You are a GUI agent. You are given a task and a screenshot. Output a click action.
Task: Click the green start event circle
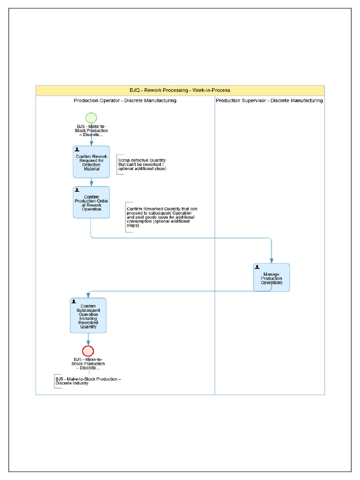[x=91, y=118]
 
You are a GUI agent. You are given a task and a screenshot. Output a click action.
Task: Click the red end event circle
[x=88, y=351]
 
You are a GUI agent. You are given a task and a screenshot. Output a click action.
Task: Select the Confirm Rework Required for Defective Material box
[x=91, y=162]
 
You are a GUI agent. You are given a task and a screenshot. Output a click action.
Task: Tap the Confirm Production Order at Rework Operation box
[x=91, y=202]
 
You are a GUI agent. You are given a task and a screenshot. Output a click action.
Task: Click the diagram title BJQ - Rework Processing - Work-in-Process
[x=180, y=90]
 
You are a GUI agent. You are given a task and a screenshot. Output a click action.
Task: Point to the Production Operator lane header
[x=125, y=100]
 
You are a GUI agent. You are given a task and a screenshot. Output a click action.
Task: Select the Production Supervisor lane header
[x=269, y=100]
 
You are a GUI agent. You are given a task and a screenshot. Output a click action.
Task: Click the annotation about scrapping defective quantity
[x=142, y=165]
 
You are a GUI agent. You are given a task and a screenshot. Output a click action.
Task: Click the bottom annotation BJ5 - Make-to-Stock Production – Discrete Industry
[x=88, y=381]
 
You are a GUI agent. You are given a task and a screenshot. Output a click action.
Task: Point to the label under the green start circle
[x=92, y=131]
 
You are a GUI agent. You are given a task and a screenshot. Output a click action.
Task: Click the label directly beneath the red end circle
[x=88, y=364]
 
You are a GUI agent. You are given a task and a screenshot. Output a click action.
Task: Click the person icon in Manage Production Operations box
[x=257, y=267]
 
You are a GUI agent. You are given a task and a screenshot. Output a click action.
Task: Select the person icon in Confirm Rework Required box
[x=77, y=149]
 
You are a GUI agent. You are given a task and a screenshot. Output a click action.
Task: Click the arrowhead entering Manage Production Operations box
[x=271, y=261]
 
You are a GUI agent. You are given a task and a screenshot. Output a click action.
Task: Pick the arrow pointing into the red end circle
[x=88, y=340]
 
